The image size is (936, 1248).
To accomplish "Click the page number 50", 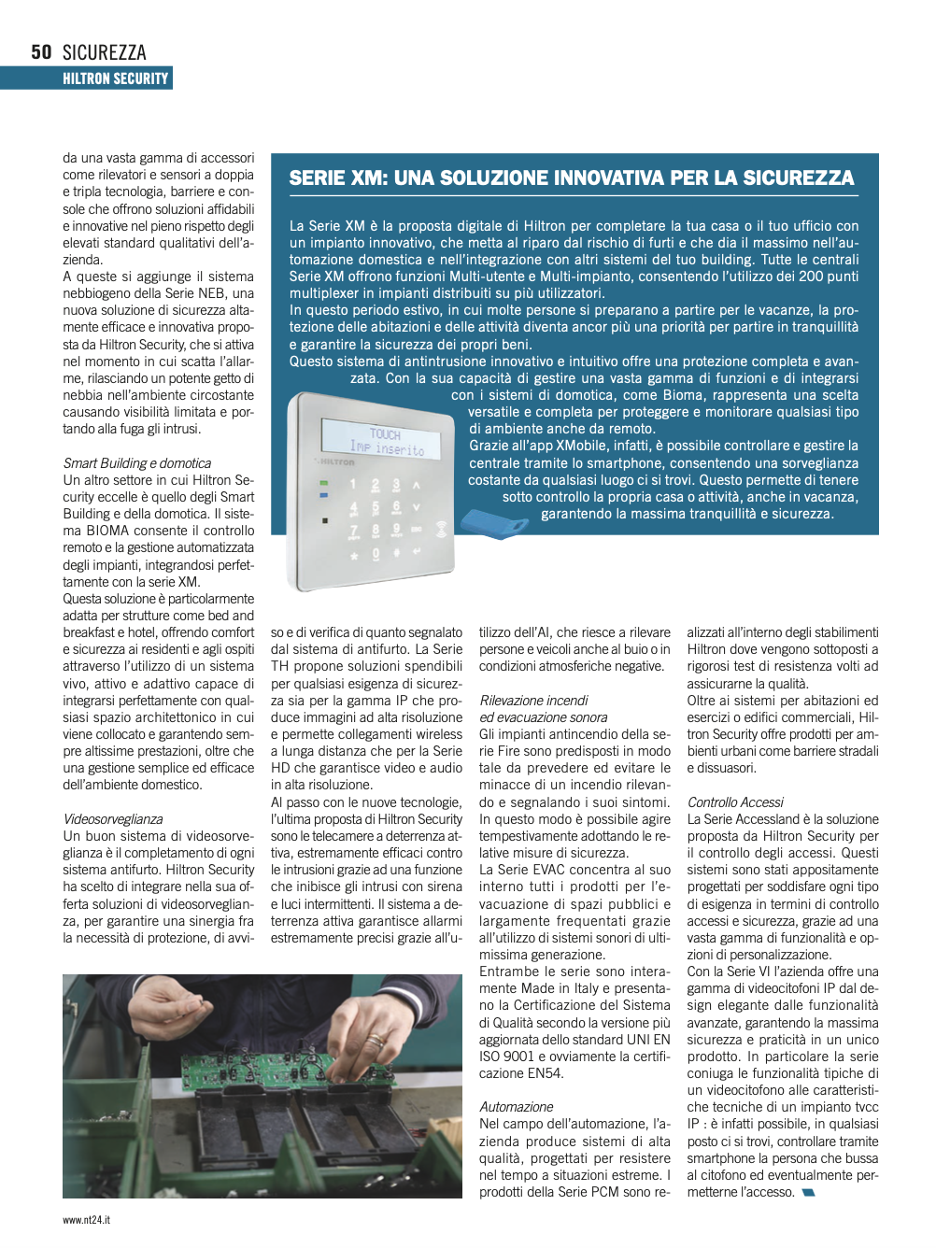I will point(41,52).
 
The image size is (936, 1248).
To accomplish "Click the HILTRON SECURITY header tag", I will point(115,78).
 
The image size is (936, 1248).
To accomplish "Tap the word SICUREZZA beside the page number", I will point(104,52).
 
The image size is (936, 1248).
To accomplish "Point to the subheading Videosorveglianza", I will point(113,819).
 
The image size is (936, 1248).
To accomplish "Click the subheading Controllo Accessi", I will point(735,802).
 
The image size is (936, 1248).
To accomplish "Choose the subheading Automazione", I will point(516,1107).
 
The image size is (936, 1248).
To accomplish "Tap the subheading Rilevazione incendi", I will point(533,701).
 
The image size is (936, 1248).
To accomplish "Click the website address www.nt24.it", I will point(86,1220).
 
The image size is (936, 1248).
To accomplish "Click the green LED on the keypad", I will point(323,483).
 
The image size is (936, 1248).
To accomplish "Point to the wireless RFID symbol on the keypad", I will point(441,529).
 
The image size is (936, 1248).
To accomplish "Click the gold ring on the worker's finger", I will point(375,1039).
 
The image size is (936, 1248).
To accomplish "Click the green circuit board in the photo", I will point(280,1102).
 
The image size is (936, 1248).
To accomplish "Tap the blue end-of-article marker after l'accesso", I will point(808,1193).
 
